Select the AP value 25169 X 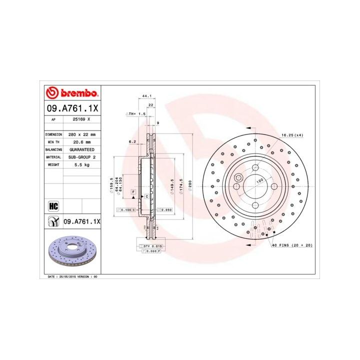pos(81,119)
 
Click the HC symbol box pos(53,205)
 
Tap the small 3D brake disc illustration pos(72,251)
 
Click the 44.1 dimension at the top pos(146,95)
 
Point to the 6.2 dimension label pos(132,141)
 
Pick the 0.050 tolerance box pos(165,210)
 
